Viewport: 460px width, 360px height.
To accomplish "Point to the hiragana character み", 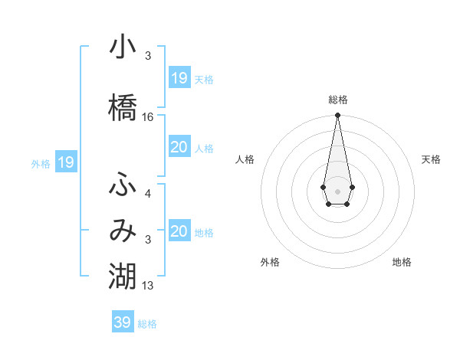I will pos(123,231).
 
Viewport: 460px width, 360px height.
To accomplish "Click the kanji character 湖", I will pos(123,276).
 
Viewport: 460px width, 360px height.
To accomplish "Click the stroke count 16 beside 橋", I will pos(148,117).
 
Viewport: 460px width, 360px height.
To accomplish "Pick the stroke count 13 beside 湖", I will pos(148,286).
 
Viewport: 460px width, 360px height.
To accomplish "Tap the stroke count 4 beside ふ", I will pos(148,194).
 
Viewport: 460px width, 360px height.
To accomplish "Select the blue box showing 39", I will pos(122,322).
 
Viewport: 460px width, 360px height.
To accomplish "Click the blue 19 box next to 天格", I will pos(179,78).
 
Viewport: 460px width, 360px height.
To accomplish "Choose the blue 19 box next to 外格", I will pos(65,162).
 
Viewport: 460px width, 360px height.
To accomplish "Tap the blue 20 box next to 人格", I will pos(179,148).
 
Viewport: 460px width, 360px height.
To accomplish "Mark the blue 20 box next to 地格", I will pos(179,231).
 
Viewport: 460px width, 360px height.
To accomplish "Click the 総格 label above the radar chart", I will pos(338,100).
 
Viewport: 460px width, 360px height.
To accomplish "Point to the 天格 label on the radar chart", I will pos(431,159).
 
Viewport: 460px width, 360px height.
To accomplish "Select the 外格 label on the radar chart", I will pos(270,262).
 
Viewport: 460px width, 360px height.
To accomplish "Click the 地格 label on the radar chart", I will pos(402,262).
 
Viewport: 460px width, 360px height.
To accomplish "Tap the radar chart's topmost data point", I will pos(337,116).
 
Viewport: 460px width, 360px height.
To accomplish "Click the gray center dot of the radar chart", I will pos(337,190).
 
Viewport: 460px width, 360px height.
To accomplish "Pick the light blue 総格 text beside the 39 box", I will pos(147,324).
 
